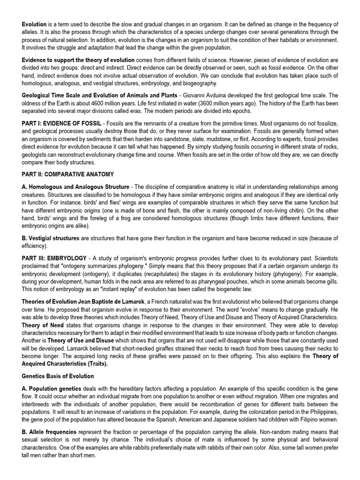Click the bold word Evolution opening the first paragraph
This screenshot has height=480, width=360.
tap(34, 24)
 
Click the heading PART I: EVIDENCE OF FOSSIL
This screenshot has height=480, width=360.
tap(61, 123)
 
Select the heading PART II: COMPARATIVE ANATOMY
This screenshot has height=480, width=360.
tap(67, 174)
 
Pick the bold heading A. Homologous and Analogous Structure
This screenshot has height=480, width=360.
tap(75, 187)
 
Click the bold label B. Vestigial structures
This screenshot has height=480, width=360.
tap(51, 238)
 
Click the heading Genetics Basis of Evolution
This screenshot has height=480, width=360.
tap(58, 376)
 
